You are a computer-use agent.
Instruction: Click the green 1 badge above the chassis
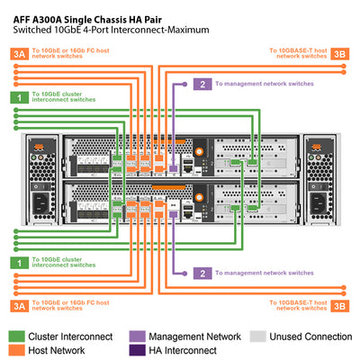pos(17,97)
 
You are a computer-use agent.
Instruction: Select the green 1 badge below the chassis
pos(17,262)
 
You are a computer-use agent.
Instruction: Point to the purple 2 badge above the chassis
pos(203,84)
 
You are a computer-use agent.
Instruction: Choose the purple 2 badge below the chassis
pos(203,273)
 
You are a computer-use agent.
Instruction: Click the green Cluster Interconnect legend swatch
pos(18,335)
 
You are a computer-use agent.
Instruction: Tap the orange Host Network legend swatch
pos(18,350)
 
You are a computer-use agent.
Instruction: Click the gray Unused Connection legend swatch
pos(257,335)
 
